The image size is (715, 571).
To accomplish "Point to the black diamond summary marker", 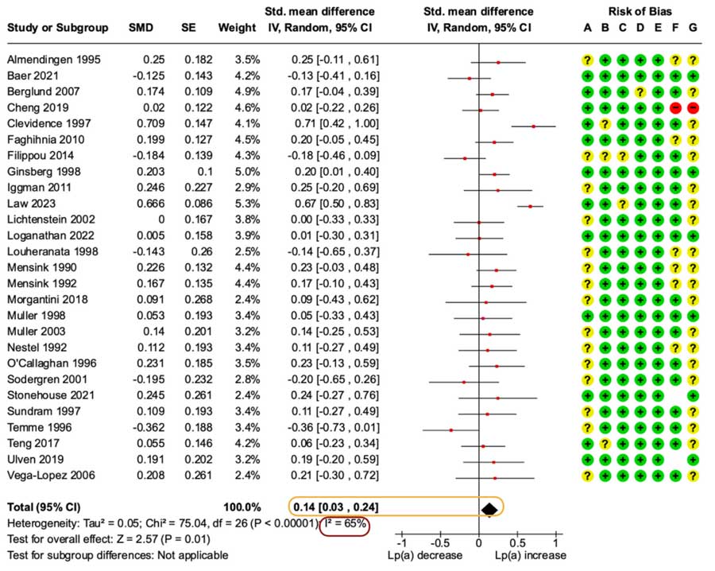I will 489,508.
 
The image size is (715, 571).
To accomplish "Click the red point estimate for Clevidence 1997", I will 533,126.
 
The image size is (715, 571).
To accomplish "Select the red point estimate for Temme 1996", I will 451,429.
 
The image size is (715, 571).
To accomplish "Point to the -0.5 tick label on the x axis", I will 439,542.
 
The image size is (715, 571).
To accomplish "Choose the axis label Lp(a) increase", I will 529,554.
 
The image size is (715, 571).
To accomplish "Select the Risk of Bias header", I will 640,12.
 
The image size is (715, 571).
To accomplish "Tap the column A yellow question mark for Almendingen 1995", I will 587,60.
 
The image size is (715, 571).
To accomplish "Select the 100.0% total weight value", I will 242,507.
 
